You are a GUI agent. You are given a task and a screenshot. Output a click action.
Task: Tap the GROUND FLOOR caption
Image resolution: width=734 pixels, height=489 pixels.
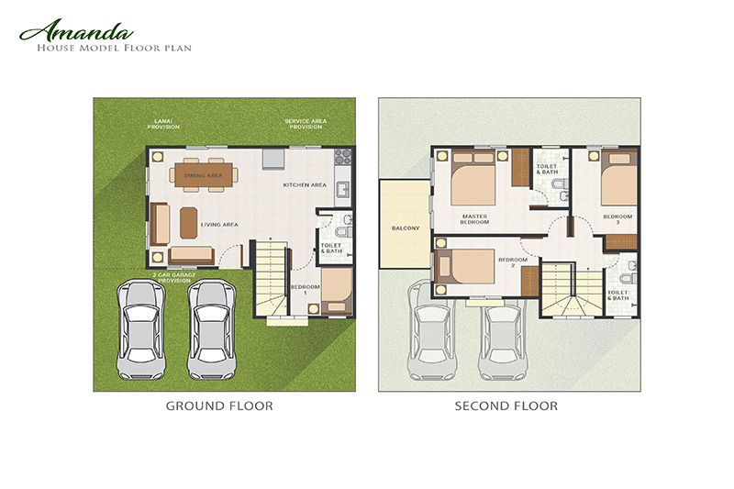[218, 405]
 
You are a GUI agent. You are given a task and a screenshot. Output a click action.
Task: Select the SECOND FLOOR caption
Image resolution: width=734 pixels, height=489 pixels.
[506, 405]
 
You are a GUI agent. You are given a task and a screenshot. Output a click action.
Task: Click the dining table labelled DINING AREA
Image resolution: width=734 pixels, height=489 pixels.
[204, 174]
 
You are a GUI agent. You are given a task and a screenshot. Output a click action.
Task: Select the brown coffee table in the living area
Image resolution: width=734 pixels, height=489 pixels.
[188, 221]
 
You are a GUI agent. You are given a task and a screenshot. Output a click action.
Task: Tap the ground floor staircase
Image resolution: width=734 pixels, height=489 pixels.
[271, 280]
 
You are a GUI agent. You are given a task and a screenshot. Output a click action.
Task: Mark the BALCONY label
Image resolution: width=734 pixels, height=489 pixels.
[405, 228]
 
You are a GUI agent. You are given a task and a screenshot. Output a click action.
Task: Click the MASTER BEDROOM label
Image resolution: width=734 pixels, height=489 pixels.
[474, 220]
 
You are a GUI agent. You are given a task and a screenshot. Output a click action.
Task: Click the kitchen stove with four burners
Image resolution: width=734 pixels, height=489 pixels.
[341, 156]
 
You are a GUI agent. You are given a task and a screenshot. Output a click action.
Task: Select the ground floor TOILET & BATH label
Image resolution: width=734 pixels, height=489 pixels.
[329, 248]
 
